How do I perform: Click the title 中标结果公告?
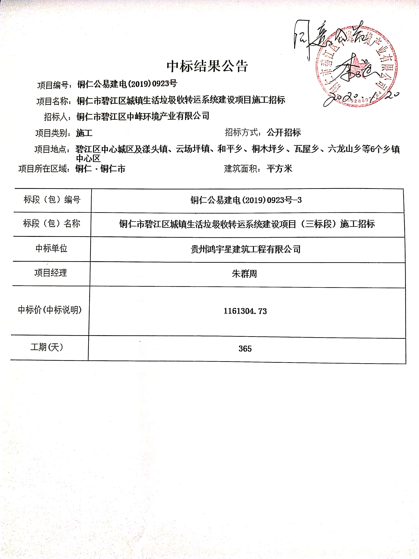pos(207,66)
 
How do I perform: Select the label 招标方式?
pos(243,132)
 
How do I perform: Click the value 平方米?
pos(279,169)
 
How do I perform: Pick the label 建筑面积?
pos(242,169)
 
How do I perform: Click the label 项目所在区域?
pos(44,169)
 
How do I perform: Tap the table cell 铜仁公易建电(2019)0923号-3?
pos(246,200)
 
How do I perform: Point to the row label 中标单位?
pos(52,249)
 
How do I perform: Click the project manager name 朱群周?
pos(244,274)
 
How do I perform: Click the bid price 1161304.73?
pos(245,311)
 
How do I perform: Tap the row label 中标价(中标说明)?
pos(50,310)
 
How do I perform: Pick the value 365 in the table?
pos(245,349)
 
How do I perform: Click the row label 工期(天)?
pos(47,347)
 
